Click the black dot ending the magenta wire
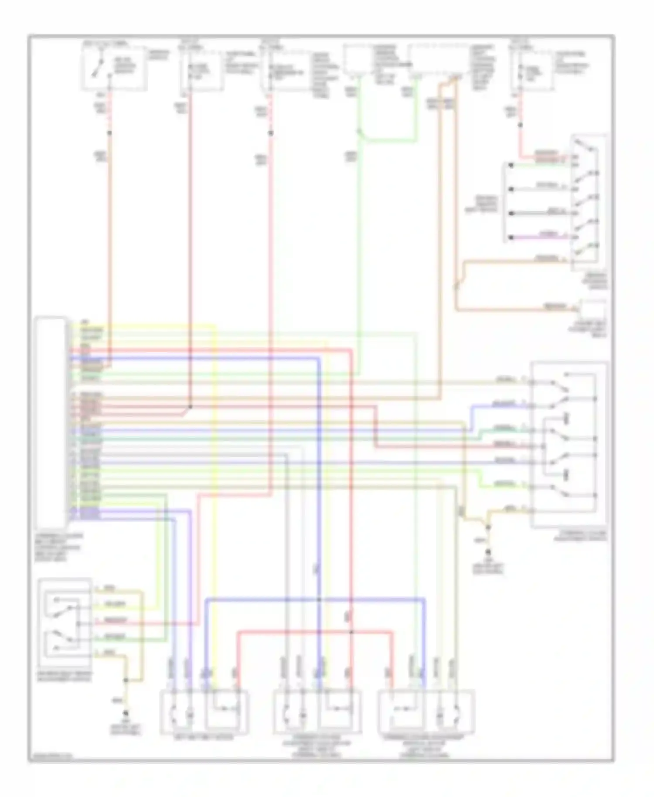tap(511, 238)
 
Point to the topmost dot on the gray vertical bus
tap(511, 165)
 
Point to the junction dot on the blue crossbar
tap(319, 599)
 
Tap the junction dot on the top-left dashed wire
tap(109, 133)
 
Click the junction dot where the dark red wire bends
tap(190, 407)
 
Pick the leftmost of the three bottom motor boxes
tap(204, 712)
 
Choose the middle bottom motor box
tap(317, 712)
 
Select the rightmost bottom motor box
tap(426, 712)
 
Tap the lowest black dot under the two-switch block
tap(126, 713)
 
